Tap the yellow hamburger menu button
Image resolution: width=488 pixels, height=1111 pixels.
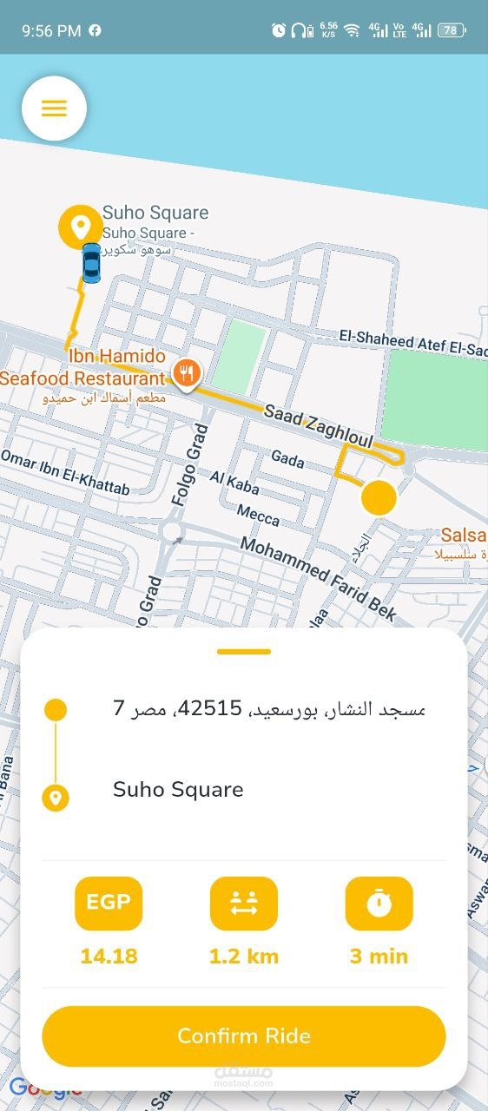point(54,108)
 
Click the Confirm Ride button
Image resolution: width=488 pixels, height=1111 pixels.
point(244,1035)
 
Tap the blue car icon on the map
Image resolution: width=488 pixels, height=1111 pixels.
point(91,262)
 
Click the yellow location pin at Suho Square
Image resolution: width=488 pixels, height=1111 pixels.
point(81,227)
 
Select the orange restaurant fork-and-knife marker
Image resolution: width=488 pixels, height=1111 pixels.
point(186,374)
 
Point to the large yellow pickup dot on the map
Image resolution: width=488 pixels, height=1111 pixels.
point(378,498)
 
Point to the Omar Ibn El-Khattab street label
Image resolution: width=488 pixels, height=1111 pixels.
point(65,472)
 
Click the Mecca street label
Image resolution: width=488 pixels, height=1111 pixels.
point(258,516)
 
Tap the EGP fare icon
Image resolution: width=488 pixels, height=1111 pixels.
point(109,903)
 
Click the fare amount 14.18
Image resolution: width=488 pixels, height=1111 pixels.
point(109,957)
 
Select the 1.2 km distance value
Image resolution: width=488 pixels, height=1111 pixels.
point(244,957)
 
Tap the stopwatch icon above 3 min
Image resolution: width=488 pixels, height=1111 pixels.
point(379,903)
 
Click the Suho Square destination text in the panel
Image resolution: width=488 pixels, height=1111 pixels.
point(178,790)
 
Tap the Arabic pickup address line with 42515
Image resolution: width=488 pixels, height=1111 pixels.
point(269,708)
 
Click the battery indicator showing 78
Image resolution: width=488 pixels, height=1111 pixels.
point(452,30)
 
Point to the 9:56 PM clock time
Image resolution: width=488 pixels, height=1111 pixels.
point(51,30)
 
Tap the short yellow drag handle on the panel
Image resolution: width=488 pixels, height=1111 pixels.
point(244,651)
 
